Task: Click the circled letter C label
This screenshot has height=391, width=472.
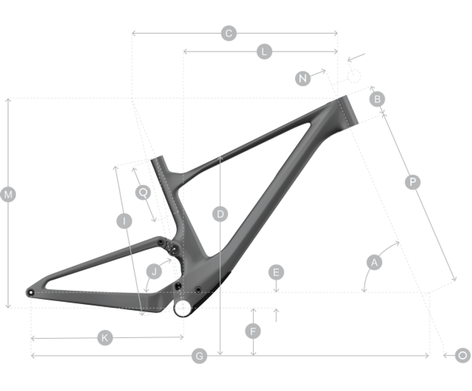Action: [x=229, y=33]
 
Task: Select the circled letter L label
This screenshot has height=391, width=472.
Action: [x=264, y=52]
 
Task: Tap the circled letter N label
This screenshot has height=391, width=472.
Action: [x=303, y=78]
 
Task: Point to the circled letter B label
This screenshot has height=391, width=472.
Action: [x=377, y=99]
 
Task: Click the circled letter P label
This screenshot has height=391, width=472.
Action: [x=413, y=182]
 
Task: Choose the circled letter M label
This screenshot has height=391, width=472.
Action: [x=8, y=195]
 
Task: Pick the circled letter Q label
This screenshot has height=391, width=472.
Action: [x=143, y=192]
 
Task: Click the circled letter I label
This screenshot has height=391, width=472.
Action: [x=125, y=221]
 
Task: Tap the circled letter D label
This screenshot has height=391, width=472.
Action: [x=220, y=214]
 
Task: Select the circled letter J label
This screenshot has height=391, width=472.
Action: [x=154, y=271]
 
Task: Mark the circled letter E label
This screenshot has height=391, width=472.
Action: [x=276, y=272]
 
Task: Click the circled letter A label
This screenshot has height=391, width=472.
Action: [x=374, y=262]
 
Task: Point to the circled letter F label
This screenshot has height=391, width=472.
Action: [x=253, y=331]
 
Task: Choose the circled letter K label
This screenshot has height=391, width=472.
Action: [x=104, y=337]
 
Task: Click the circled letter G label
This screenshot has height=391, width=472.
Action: [x=199, y=356]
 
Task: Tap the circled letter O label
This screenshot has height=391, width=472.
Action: [x=463, y=356]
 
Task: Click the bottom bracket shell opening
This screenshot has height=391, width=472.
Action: [x=183, y=308]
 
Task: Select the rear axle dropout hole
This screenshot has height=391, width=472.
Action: [x=31, y=292]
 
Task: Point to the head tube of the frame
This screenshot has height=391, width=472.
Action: [x=347, y=111]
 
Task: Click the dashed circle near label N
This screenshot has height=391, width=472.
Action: [x=354, y=76]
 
